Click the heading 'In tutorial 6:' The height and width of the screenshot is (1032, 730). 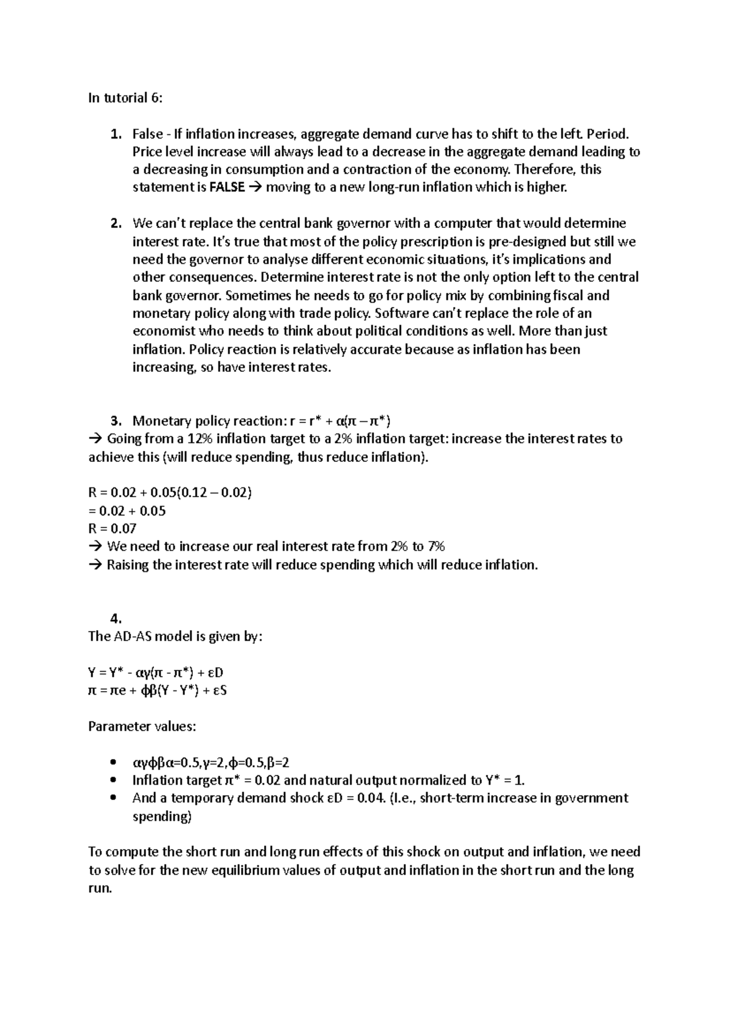125,98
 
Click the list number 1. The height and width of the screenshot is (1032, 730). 115,134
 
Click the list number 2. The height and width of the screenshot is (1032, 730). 115,224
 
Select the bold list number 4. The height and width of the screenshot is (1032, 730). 116,619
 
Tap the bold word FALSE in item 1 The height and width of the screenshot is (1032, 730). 228,188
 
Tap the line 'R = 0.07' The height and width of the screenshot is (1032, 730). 113,529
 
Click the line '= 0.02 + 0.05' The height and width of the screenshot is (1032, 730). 127,511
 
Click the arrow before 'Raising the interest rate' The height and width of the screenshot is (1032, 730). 96,565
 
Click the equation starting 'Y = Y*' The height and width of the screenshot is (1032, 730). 156,673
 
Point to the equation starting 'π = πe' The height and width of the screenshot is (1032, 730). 158,690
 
